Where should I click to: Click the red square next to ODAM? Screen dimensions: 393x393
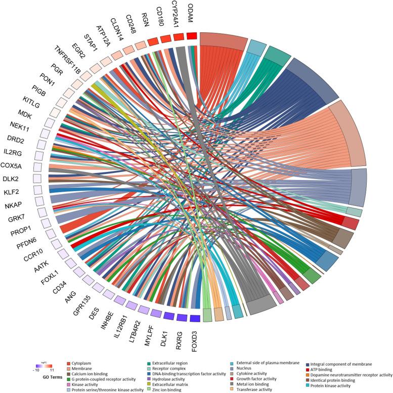(x=192, y=36)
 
